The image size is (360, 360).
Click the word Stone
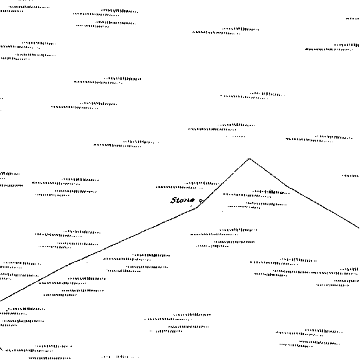tap(183, 200)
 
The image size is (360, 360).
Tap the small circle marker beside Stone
tap(201, 200)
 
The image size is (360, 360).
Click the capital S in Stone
tap(174, 200)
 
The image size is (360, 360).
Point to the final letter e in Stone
tap(192, 200)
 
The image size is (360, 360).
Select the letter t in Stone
tap(179, 200)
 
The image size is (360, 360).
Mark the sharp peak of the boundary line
tap(250, 158)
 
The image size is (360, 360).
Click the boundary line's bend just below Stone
tap(197, 208)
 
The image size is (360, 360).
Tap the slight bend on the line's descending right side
tap(288, 186)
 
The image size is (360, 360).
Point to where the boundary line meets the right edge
tap(359, 228)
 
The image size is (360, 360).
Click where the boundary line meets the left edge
tap(1, 301)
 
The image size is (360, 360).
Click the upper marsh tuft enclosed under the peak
tap(256, 193)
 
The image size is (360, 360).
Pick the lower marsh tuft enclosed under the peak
tap(257, 205)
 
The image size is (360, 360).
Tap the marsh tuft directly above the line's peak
tap(221, 127)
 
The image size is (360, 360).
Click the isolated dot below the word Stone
tap(191, 206)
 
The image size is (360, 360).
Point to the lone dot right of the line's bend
tap(222, 212)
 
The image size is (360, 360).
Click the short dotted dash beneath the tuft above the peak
tap(236, 137)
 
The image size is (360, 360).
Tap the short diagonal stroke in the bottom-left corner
tap(1, 349)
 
